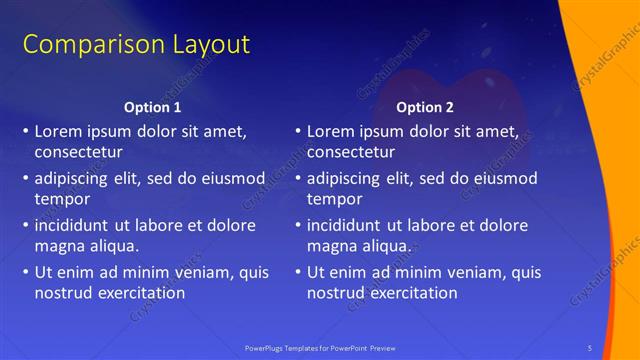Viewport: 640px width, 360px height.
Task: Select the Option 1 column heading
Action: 153,107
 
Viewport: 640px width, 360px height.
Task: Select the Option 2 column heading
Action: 425,107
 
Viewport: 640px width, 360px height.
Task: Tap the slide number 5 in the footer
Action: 590,347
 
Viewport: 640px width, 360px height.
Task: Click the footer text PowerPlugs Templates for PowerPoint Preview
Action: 320,347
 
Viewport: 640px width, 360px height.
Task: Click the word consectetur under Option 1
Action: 78,153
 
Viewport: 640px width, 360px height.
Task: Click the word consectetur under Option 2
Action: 350,153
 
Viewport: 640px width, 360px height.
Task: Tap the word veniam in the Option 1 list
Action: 203,272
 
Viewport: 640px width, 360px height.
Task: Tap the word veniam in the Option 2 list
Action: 475,272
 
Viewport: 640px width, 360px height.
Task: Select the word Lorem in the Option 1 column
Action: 57,131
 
